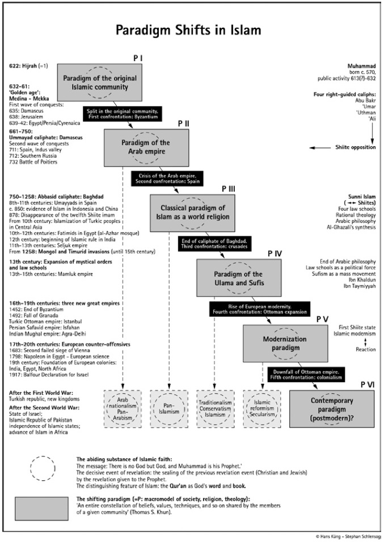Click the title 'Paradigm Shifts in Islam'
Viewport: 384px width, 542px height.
pos(188,31)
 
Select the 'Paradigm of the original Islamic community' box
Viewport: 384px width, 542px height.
pos(99,82)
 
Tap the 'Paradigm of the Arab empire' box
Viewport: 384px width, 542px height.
pos(146,147)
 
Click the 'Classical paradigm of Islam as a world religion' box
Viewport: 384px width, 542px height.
pos(192,213)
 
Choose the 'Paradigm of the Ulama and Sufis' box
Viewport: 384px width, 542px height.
pos(239,278)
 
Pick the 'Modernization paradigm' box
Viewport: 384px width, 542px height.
pos(285,343)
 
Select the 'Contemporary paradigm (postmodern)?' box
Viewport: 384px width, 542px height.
pos(331,409)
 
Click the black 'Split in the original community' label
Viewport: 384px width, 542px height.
pos(123,114)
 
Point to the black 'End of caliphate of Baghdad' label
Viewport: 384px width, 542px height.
pos(214,243)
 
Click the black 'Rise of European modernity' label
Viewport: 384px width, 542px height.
pos(259,309)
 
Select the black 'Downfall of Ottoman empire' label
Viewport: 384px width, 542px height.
pos(306,374)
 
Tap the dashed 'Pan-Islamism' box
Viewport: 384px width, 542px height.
pos(169,409)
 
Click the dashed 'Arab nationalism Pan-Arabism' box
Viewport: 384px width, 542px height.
pos(123,409)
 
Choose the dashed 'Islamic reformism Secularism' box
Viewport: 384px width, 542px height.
pos(262,409)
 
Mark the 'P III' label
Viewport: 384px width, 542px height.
pos(229,189)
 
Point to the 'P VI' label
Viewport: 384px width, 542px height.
pos(368,384)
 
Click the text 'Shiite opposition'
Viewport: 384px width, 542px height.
pos(355,147)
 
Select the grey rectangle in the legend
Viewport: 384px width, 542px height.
pos(41,509)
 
